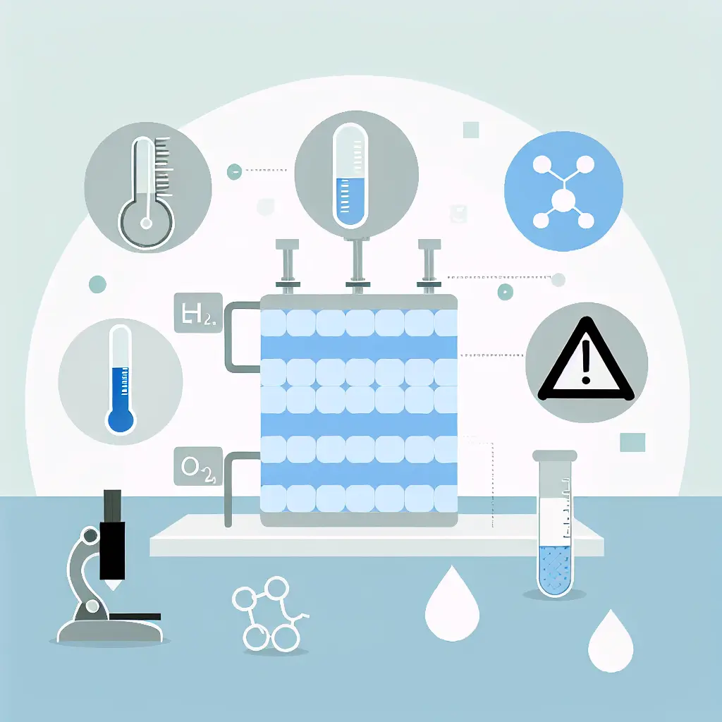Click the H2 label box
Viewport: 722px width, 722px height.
point(197,312)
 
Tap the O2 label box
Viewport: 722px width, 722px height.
point(197,467)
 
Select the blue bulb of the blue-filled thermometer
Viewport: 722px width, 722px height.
point(121,420)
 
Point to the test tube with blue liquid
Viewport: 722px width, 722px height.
point(556,525)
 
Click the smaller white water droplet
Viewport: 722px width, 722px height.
point(611,641)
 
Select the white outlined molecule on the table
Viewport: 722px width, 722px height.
point(271,613)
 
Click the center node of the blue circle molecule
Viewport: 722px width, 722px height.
point(563,200)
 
